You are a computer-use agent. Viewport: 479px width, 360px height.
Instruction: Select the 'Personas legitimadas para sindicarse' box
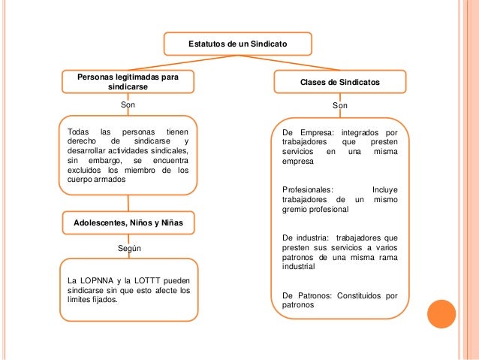click(128, 82)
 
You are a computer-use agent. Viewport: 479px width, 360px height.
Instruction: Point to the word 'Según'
click(129, 247)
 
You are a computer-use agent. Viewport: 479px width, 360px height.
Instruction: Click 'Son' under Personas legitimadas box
click(128, 105)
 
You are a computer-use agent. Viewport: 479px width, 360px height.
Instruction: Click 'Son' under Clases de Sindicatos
click(340, 107)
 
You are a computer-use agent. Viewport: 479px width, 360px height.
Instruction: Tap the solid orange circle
click(441, 313)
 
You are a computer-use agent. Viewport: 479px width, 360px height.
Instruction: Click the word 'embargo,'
click(105, 160)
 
